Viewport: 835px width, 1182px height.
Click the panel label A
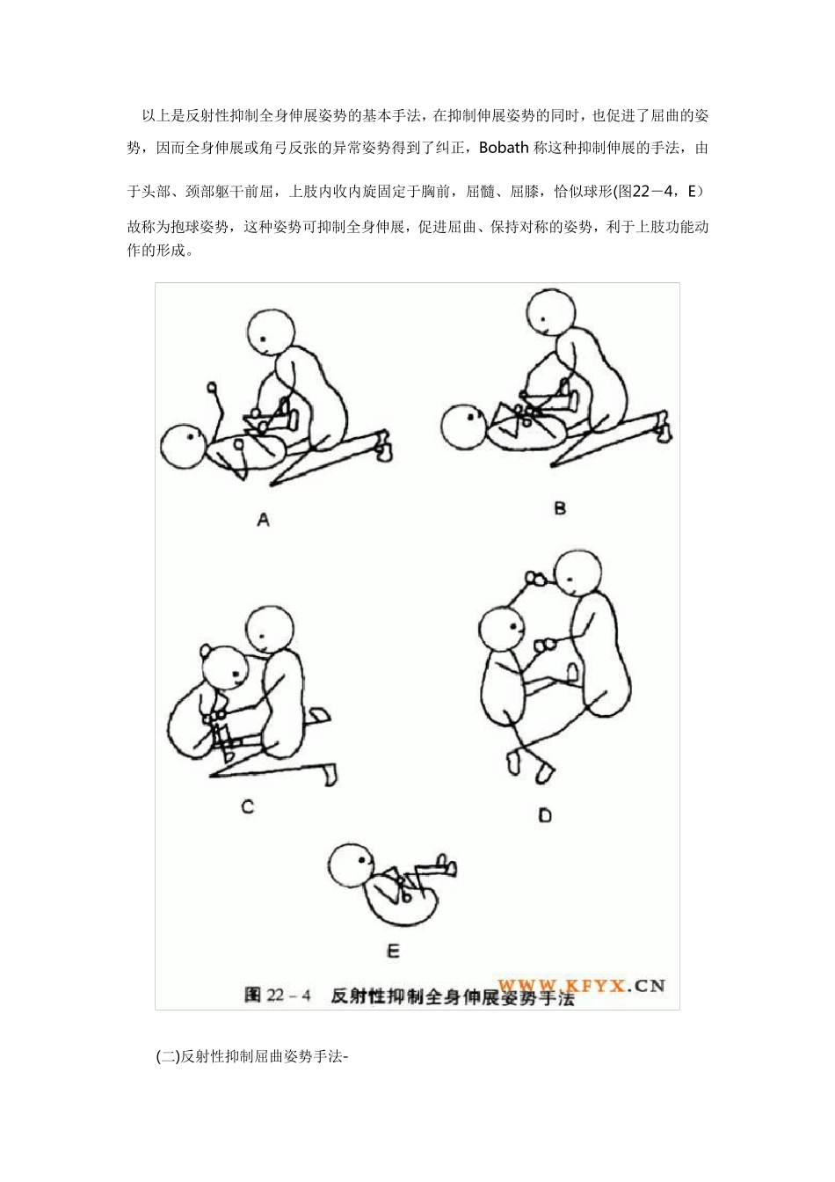pyautogui.click(x=264, y=520)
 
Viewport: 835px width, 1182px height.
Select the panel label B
pyautogui.click(x=560, y=508)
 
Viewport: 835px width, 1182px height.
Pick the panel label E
pyautogui.click(x=393, y=952)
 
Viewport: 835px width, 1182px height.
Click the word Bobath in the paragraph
pyautogui.click(x=504, y=147)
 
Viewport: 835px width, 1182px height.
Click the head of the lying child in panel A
pyautogui.click(x=184, y=447)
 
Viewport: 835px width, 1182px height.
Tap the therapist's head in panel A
pyautogui.click(x=271, y=333)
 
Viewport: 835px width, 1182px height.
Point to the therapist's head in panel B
pyautogui.click(x=552, y=312)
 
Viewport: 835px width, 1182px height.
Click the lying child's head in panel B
pyautogui.click(x=464, y=427)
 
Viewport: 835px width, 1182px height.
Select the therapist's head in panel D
pyautogui.click(x=578, y=573)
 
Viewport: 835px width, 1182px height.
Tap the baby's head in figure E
pyautogui.click(x=352, y=867)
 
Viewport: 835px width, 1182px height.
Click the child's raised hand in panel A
pyautogui.click(x=213, y=388)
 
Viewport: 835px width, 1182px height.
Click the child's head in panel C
pyautogui.click(x=225, y=669)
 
